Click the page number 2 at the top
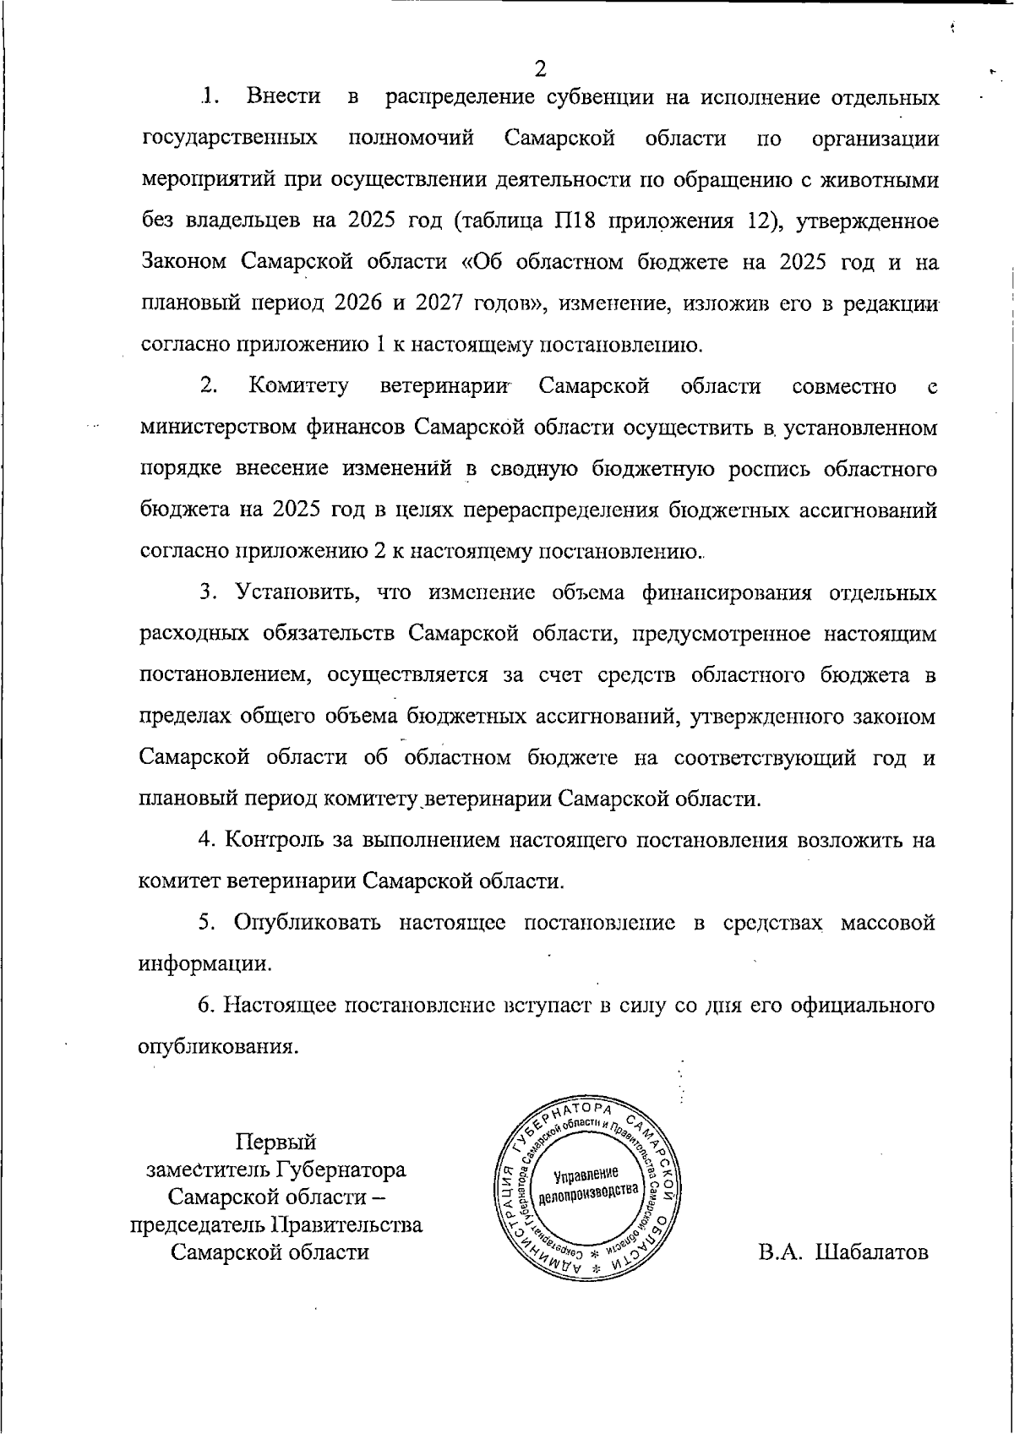point(541,68)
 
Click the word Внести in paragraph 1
point(283,97)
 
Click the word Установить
point(297,593)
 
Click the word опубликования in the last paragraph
point(217,1048)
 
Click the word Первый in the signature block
point(275,1142)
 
